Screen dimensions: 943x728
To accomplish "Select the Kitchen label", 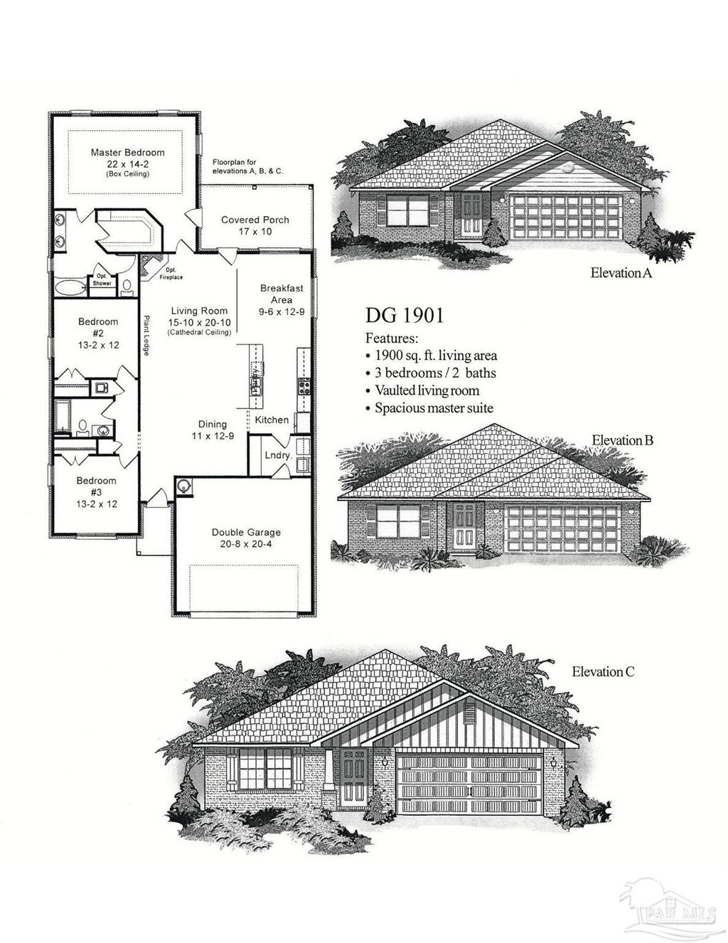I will tap(272, 420).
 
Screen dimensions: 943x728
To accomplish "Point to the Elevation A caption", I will tap(621, 273).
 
